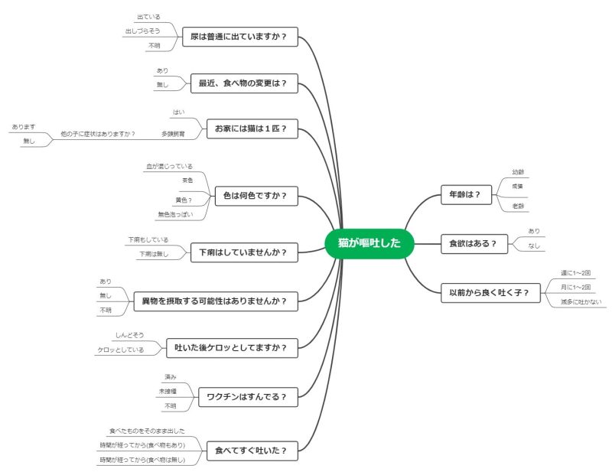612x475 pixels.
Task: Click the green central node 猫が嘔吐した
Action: (369, 244)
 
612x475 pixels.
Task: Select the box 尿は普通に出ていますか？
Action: (239, 37)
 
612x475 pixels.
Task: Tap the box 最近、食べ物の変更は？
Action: (244, 83)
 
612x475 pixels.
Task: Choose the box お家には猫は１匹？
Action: (252, 129)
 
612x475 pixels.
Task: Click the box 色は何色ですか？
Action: (256, 196)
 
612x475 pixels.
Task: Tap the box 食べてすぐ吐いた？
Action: (252, 451)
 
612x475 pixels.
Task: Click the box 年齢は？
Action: (465, 194)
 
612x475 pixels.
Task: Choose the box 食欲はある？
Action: (473, 245)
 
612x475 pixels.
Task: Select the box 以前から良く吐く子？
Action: (495, 292)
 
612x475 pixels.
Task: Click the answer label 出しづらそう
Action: (142, 31)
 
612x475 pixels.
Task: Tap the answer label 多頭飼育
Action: (173, 134)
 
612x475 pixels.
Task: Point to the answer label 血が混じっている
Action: (170, 166)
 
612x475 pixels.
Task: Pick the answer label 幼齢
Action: (518, 172)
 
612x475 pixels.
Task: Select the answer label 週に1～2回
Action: (575, 273)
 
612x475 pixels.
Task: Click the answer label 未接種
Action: (168, 392)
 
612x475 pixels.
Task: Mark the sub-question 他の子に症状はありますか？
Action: (98, 134)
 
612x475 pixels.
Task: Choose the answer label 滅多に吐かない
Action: (581, 302)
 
